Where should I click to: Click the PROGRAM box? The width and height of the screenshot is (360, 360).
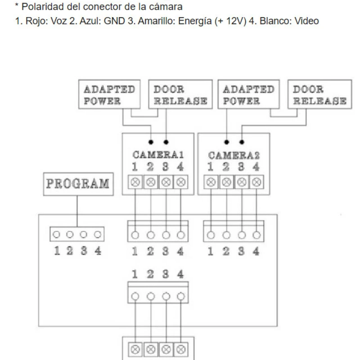[x=78, y=184]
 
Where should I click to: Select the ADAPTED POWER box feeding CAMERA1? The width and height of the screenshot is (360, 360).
[x=109, y=94]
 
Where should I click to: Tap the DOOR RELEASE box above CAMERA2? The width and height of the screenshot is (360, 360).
[x=319, y=94]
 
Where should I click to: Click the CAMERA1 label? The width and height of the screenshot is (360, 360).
[x=158, y=155]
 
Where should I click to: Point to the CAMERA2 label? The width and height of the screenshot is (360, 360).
[x=234, y=155]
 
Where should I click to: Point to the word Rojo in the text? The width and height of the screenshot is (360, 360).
[x=32, y=21]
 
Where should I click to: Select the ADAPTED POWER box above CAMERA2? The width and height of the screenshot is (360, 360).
[x=248, y=94]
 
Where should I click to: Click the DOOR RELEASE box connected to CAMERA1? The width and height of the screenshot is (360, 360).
[x=180, y=94]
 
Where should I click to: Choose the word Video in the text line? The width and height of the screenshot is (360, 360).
[x=307, y=21]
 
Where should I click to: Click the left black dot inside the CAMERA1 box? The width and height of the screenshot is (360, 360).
[x=151, y=142]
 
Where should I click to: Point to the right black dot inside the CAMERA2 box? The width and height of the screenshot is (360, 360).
[x=242, y=142]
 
